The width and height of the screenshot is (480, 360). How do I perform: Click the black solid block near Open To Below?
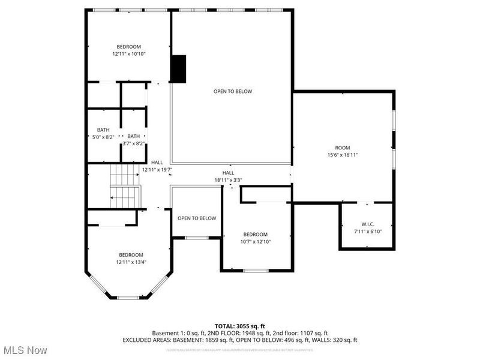[179, 68]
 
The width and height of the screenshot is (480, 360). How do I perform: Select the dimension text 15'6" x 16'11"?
[342, 155]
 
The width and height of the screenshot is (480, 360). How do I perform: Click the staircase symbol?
[125, 187]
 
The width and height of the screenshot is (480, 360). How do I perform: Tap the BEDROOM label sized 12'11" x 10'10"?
[129, 47]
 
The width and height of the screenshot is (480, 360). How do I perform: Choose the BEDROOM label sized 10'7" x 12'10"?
[255, 234]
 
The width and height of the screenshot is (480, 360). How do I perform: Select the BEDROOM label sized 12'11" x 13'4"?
[131, 255]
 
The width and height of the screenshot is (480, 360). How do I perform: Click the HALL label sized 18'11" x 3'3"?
[228, 173]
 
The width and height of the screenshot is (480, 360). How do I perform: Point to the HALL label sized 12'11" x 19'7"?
[157, 163]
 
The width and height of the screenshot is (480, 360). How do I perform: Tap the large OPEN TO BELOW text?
[233, 91]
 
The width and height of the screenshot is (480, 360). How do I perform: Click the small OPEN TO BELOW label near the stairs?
[197, 218]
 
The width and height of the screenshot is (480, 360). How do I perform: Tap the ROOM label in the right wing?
[342, 148]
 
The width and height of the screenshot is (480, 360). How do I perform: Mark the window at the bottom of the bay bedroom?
[127, 298]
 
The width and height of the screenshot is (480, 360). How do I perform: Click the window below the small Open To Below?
[196, 238]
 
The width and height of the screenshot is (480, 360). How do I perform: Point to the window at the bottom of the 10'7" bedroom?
[255, 271]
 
